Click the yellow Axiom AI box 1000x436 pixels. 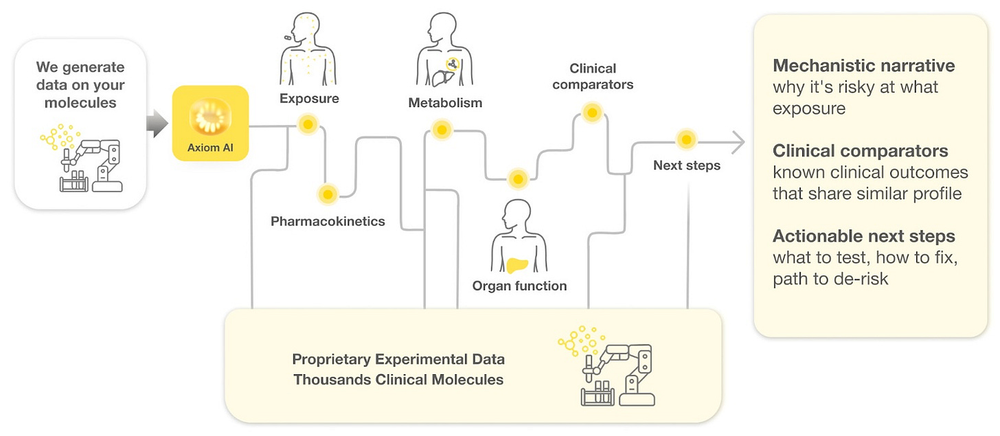pos(209,123)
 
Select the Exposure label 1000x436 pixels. pos(309,98)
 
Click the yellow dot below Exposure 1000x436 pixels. pos(308,124)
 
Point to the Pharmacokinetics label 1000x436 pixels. pos(328,221)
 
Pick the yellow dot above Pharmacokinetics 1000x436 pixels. pos(328,195)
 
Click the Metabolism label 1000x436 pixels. pos(445,103)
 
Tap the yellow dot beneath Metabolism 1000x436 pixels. pos(442,129)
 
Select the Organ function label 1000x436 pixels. pos(519,286)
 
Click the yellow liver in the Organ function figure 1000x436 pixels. pos(520,264)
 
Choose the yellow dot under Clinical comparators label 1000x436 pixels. pos(591,113)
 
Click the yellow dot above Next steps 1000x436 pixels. pos(685,140)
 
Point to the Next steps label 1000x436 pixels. pos(686,165)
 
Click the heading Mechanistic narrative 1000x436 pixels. pos(863,66)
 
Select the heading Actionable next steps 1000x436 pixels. pos(863,236)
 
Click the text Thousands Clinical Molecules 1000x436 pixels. pos(398,379)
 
